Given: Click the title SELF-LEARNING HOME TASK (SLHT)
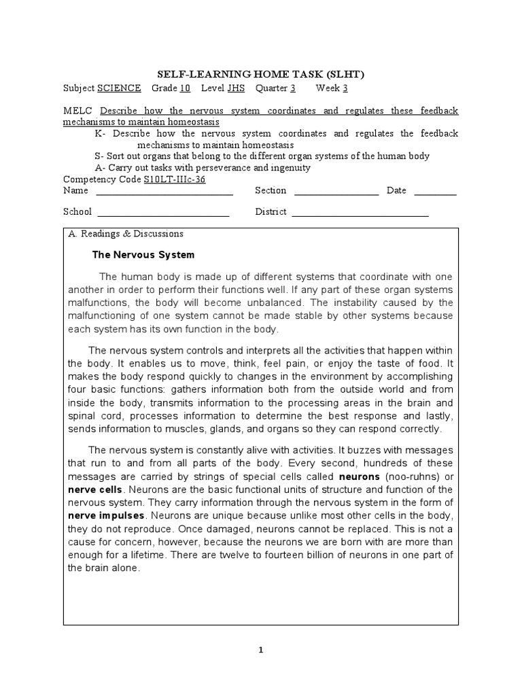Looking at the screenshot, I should (261, 74).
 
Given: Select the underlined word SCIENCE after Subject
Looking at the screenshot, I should (119, 88).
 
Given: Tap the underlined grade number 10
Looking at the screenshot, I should (185, 88).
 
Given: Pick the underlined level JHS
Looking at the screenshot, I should (237, 88).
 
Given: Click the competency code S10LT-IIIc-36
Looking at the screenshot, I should (174, 179).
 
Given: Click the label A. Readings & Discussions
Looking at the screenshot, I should (126, 234).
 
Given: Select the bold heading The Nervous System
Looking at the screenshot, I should (143, 255).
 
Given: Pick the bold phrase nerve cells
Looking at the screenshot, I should (95, 489).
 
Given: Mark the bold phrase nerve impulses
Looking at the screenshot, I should (107, 515).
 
